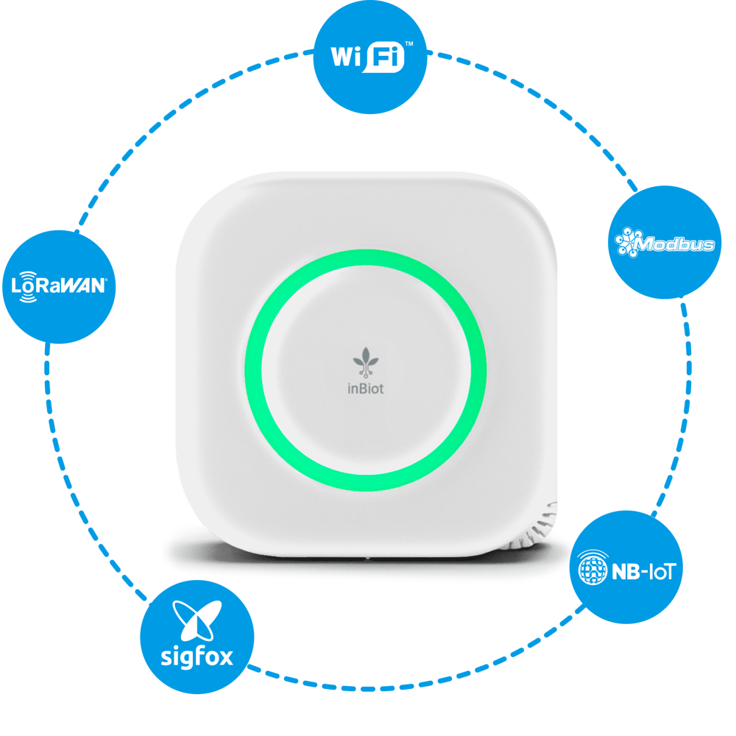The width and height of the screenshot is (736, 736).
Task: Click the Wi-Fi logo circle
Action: coord(371,57)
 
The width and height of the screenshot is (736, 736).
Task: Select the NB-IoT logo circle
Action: coord(626,568)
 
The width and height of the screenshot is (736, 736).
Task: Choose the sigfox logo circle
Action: coord(197,637)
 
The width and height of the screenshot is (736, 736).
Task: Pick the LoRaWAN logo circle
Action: coord(59,287)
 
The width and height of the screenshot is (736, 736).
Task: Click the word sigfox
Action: coord(197,655)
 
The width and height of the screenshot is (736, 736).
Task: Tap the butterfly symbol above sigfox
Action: coord(197,620)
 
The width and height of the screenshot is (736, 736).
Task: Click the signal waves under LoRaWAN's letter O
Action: coord(28,297)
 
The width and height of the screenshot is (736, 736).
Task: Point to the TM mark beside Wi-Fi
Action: coord(409,44)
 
